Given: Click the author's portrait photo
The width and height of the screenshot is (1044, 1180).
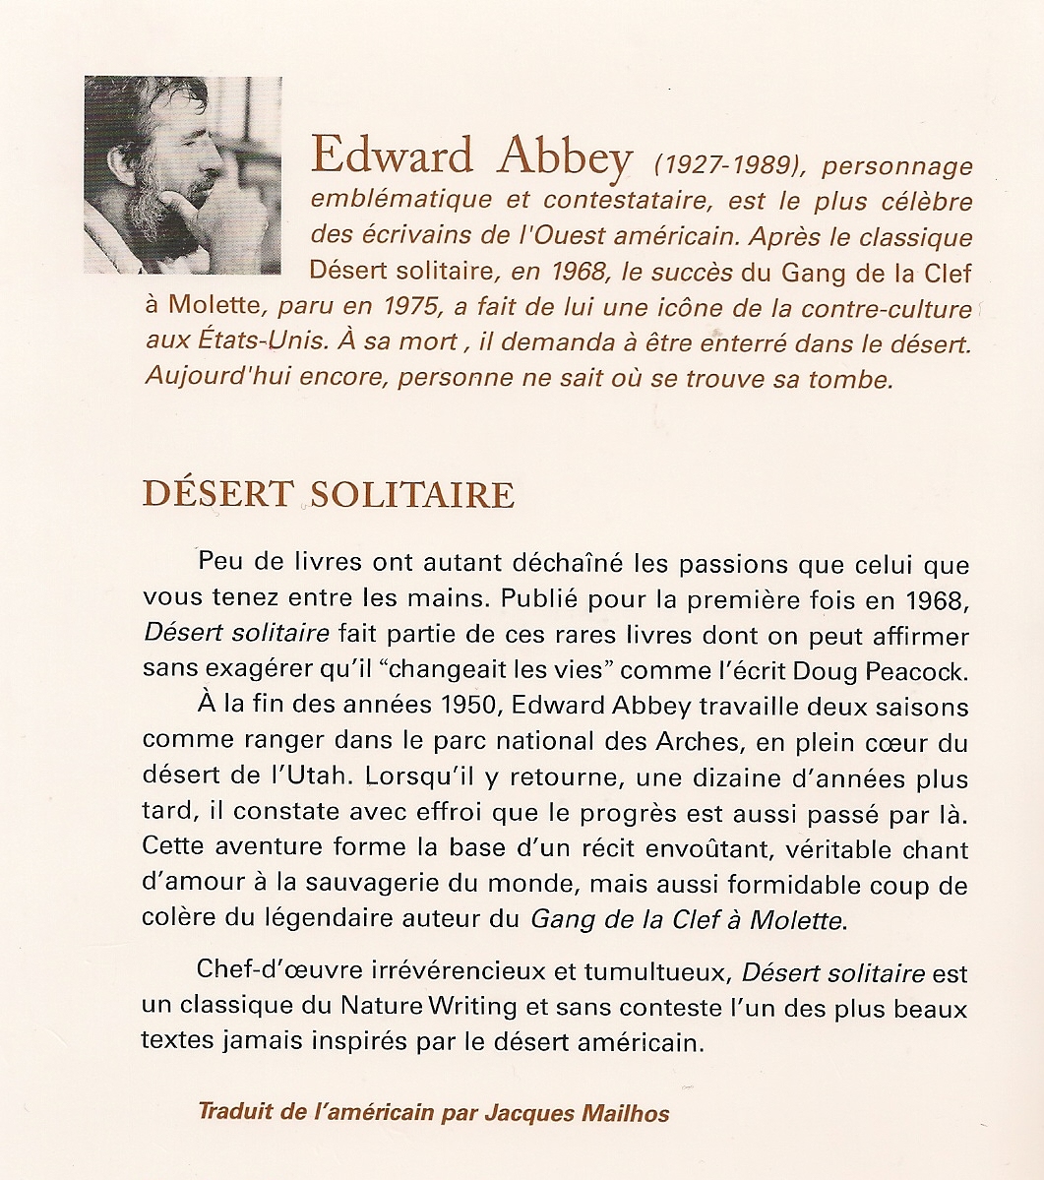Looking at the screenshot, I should [183, 175].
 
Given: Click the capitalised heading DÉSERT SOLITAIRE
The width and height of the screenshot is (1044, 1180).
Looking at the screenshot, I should [329, 494].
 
